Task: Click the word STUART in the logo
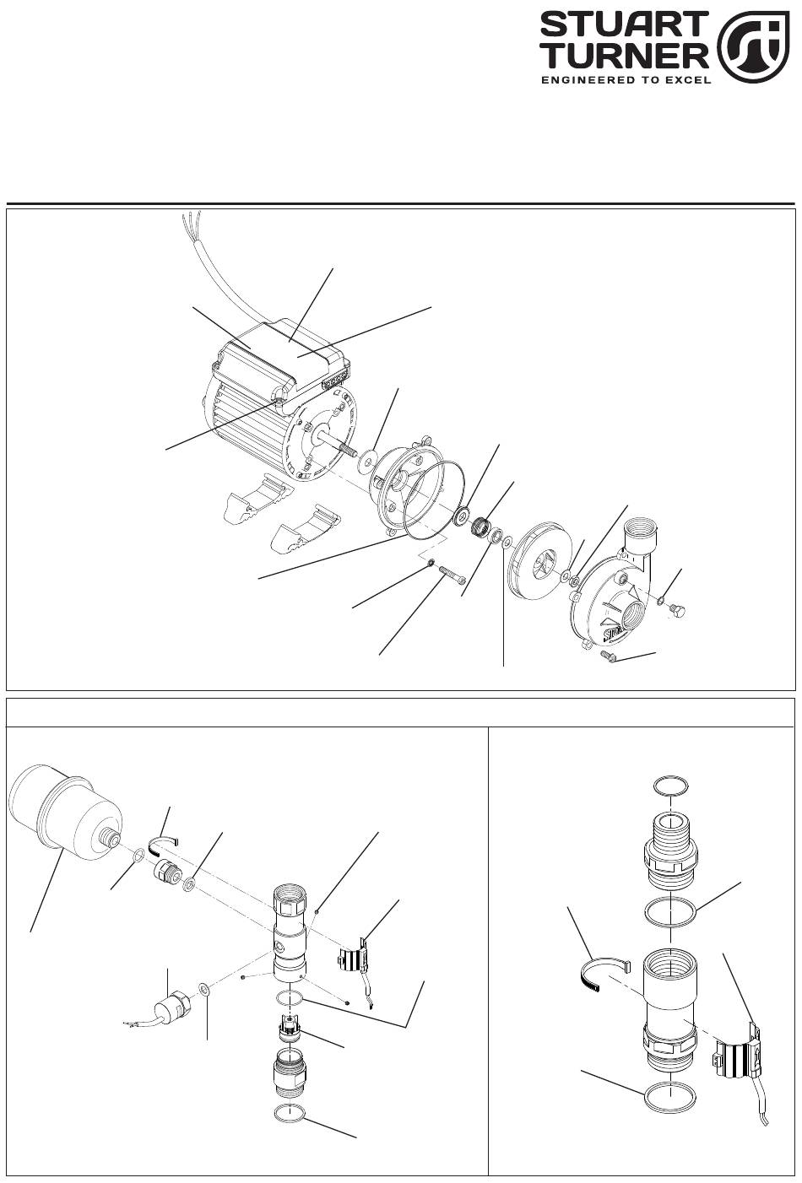pos(624,25)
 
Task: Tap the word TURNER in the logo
pos(624,56)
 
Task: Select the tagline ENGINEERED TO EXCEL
pos(625,80)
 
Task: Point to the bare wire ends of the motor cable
pos(192,217)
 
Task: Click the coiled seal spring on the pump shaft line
pos(480,527)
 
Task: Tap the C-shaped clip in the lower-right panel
pos(602,974)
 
